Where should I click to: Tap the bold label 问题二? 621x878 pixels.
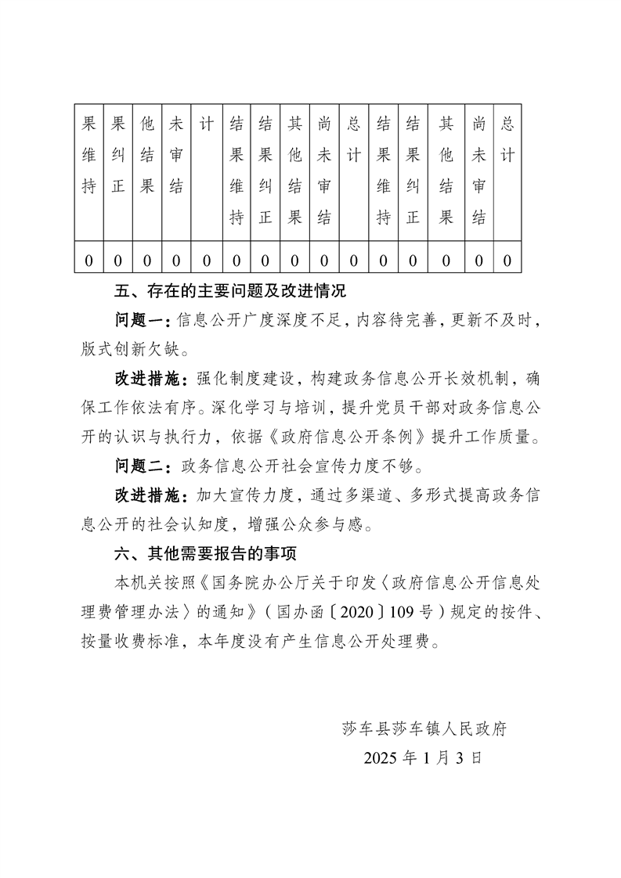tap(142, 468)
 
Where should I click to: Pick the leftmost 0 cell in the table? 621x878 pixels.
tap(88, 260)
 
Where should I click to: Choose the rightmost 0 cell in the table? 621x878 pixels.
tap(507, 260)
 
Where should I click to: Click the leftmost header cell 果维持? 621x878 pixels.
tap(88, 155)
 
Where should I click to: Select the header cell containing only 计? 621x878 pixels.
tap(206, 124)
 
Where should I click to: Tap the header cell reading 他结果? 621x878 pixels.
tap(146, 155)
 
